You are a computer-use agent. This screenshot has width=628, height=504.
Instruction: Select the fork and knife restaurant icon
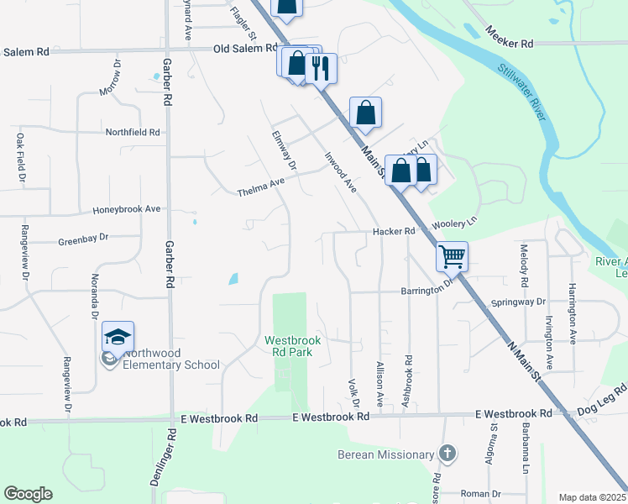[x=319, y=68]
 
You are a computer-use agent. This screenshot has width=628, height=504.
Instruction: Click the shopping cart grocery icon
[x=453, y=256]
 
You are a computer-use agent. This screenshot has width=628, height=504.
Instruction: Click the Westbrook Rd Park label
[x=289, y=346]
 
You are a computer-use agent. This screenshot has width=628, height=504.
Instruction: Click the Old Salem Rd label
[x=245, y=48]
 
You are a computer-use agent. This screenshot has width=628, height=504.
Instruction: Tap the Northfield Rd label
[x=132, y=132]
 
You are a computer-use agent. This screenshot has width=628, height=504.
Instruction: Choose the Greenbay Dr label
[x=84, y=239]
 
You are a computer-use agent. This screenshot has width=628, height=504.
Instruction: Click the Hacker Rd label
[x=395, y=231]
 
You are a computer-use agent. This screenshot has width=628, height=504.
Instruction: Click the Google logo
[x=28, y=494]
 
